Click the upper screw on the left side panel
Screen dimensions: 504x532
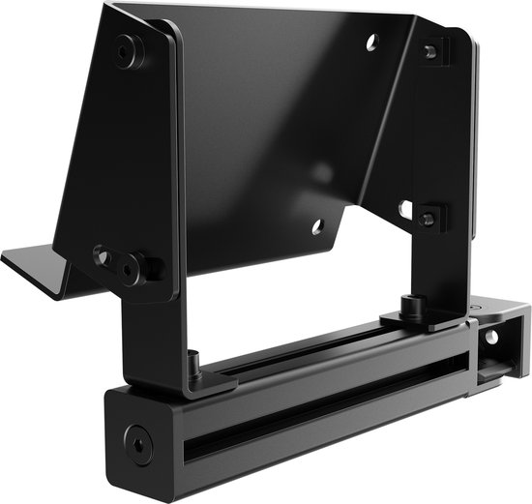coord(127,50)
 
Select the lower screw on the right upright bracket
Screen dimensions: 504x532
coord(427,218)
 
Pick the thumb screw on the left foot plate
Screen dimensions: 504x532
coord(193,365)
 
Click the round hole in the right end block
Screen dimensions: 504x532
coord(491,339)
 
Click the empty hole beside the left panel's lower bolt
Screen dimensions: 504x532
coord(101,255)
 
